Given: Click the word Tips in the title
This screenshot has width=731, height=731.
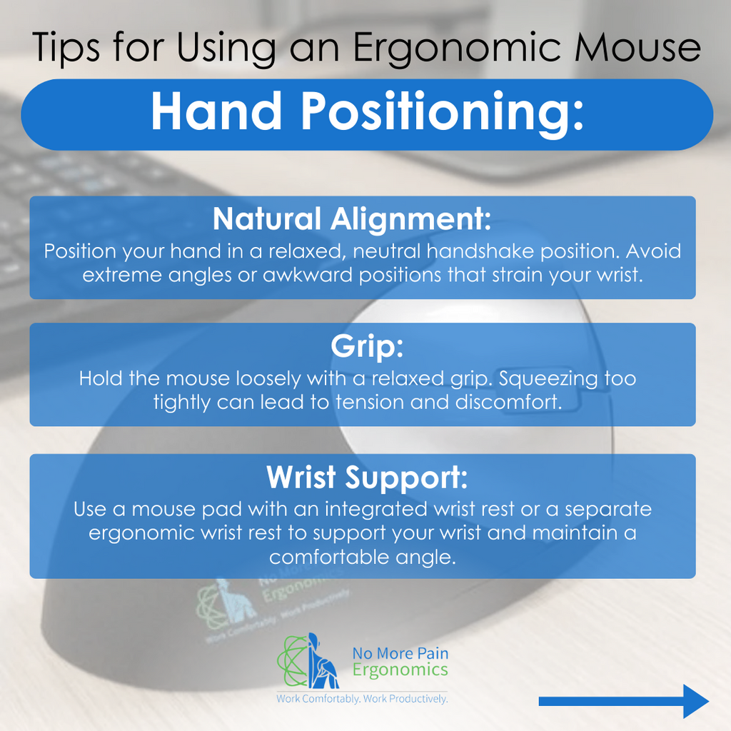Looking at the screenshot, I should [x=65, y=48].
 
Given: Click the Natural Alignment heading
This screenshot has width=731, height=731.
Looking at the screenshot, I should [x=352, y=220].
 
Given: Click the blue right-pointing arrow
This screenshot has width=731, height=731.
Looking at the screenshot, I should [x=623, y=701].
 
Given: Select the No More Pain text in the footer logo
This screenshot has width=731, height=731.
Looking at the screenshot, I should [x=400, y=653].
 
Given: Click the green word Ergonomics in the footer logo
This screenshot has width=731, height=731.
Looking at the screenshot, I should [x=400, y=670].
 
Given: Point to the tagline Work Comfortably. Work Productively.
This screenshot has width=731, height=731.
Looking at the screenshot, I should [x=362, y=698].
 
